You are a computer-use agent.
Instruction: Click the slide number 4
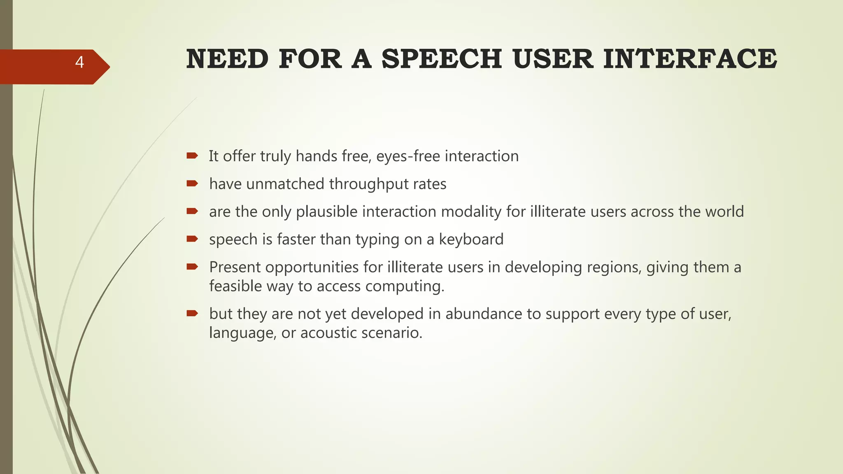click(x=79, y=63)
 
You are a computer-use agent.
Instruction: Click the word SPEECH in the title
click(x=442, y=59)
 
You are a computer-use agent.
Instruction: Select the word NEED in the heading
click(x=227, y=59)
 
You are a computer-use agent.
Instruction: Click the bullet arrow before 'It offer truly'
click(x=192, y=156)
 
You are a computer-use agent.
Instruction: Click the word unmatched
click(x=285, y=184)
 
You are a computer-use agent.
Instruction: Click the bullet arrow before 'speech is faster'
click(x=192, y=239)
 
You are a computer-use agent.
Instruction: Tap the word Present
click(x=235, y=267)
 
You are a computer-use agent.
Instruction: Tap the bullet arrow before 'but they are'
click(x=192, y=314)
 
